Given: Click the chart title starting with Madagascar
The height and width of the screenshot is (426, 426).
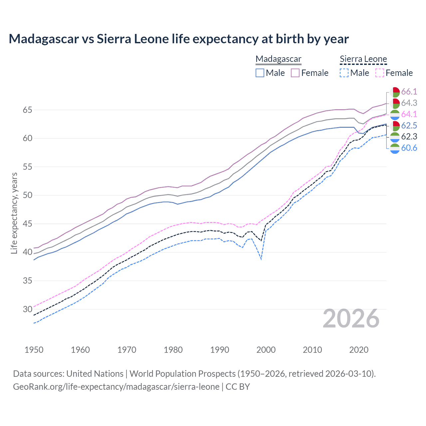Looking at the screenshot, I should tap(179, 39).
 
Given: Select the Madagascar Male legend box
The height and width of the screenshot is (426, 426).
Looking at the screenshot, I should tap(260, 73).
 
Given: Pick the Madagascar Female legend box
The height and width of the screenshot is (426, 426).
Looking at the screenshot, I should tap(295, 73).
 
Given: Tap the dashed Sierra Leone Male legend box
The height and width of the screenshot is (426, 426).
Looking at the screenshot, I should tap(344, 73).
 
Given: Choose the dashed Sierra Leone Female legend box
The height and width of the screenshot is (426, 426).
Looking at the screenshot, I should tap(380, 73).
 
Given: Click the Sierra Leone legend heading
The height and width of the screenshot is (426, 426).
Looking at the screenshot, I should tap(363, 59).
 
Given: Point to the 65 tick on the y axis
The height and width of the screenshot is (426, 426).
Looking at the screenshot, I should tap(27, 110).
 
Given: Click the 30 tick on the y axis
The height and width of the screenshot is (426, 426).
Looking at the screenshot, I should tap(27, 309).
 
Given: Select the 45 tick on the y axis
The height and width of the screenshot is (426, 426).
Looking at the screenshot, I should tap(27, 224).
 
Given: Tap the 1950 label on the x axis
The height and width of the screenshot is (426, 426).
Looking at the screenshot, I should tap(34, 350).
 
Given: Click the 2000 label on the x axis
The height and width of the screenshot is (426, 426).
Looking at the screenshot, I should tap(266, 350).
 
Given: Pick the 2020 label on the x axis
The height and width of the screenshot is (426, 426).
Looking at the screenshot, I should tap(359, 350).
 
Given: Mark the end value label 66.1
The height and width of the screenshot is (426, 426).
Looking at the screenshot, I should tap(409, 92).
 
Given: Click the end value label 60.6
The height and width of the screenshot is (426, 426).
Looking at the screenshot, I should tap(409, 148).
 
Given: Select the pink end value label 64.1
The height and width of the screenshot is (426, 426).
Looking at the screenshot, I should tap(409, 114).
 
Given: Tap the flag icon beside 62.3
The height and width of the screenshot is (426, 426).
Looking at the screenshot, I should tap(395, 137).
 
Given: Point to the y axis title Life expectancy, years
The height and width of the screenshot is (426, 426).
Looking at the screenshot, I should tap(14, 213).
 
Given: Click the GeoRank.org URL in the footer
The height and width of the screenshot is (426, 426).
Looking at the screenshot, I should tap(116, 387).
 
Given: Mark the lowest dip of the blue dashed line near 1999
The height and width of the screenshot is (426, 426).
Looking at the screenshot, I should tap(261, 259).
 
